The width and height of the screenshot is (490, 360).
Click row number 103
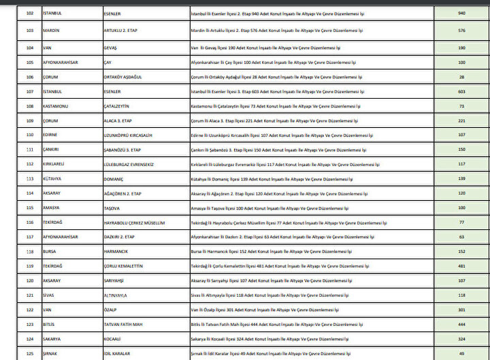[29, 31]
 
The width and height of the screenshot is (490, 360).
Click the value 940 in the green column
[461, 12]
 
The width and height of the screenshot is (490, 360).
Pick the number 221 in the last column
[461, 121]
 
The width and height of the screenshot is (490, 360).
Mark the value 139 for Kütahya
[461, 179]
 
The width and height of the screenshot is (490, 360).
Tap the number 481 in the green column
[461, 266]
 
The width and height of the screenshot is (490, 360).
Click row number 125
[29, 353]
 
